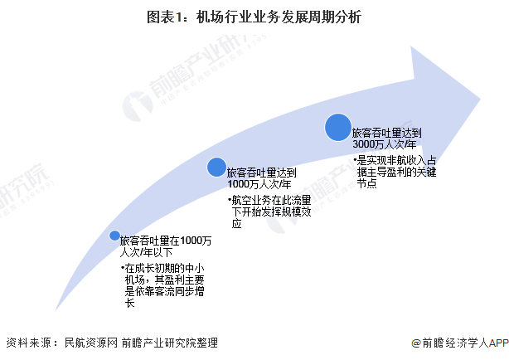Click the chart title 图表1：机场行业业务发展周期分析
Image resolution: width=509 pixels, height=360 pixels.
tap(254, 16)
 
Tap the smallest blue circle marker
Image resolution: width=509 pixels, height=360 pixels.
tap(114, 236)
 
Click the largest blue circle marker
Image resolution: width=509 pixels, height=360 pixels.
tap(337, 127)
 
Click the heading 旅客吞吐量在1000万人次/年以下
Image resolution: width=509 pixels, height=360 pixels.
tap(166, 246)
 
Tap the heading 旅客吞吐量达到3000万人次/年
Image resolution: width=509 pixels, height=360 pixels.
tap(386, 139)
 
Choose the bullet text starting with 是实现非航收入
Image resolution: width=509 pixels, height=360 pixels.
tap(390, 171)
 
